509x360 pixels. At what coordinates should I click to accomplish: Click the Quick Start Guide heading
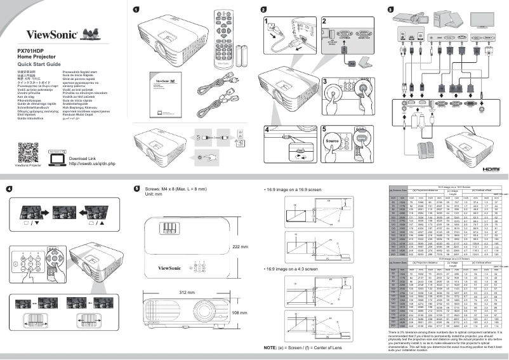tap(39, 65)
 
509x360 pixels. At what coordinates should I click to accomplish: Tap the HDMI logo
tap(491, 170)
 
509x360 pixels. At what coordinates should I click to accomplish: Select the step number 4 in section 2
tap(267, 129)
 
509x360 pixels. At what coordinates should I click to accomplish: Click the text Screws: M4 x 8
tap(166, 189)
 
